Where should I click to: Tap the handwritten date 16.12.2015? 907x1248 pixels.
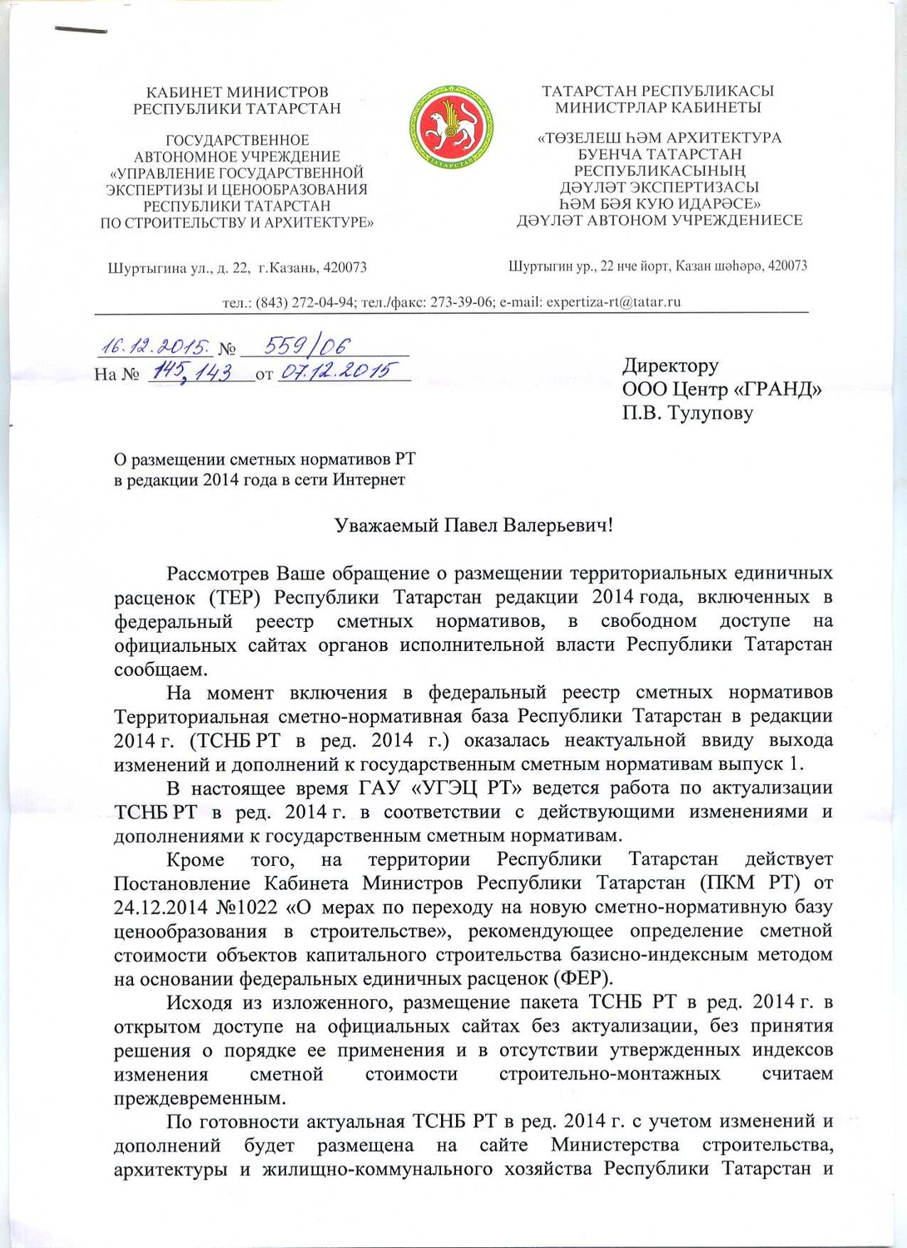click(155, 346)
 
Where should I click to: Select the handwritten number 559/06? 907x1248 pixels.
click(306, 346)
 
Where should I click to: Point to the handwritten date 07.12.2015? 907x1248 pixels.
click(335, 371)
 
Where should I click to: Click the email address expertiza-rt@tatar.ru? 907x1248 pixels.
click(613, 302)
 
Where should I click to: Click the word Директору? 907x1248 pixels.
click(670, 365)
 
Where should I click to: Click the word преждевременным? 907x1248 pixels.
click(200, 1097)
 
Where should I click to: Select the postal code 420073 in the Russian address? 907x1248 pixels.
click(344, 268)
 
